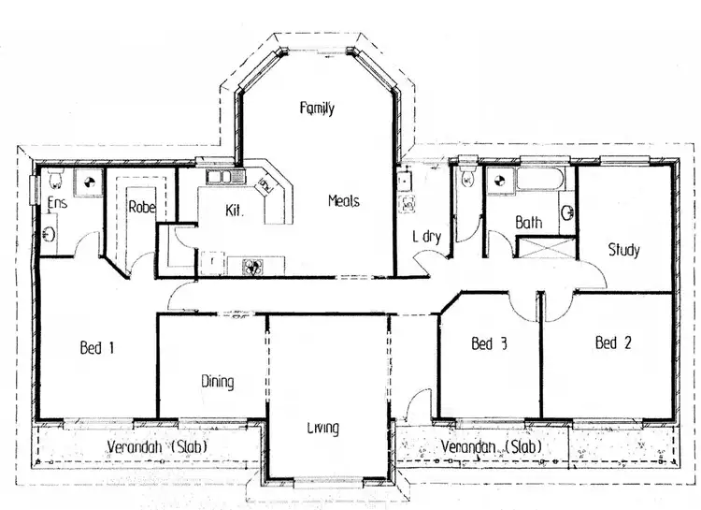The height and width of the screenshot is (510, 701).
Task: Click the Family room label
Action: (317, 109)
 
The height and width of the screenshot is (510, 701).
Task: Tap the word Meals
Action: (343, 201)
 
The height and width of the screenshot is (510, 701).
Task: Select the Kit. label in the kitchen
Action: (235, 212)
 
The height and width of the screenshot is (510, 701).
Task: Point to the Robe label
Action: (141, 207)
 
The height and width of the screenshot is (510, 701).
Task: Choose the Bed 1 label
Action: (97, 348)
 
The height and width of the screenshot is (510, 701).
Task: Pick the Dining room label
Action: (217, 382)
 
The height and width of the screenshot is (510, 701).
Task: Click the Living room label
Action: (322, 429)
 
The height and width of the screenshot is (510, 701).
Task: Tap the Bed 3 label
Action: (489, 344)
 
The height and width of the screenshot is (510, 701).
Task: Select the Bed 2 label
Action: (613, 343)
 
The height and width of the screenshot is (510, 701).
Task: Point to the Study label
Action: (623, 250)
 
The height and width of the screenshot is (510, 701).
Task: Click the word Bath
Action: (528, 223)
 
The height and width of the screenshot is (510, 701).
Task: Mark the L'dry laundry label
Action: (427, 236)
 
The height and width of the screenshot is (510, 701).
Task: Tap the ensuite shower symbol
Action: (89, 182)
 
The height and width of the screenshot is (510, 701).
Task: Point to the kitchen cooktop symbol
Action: (250, 266)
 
